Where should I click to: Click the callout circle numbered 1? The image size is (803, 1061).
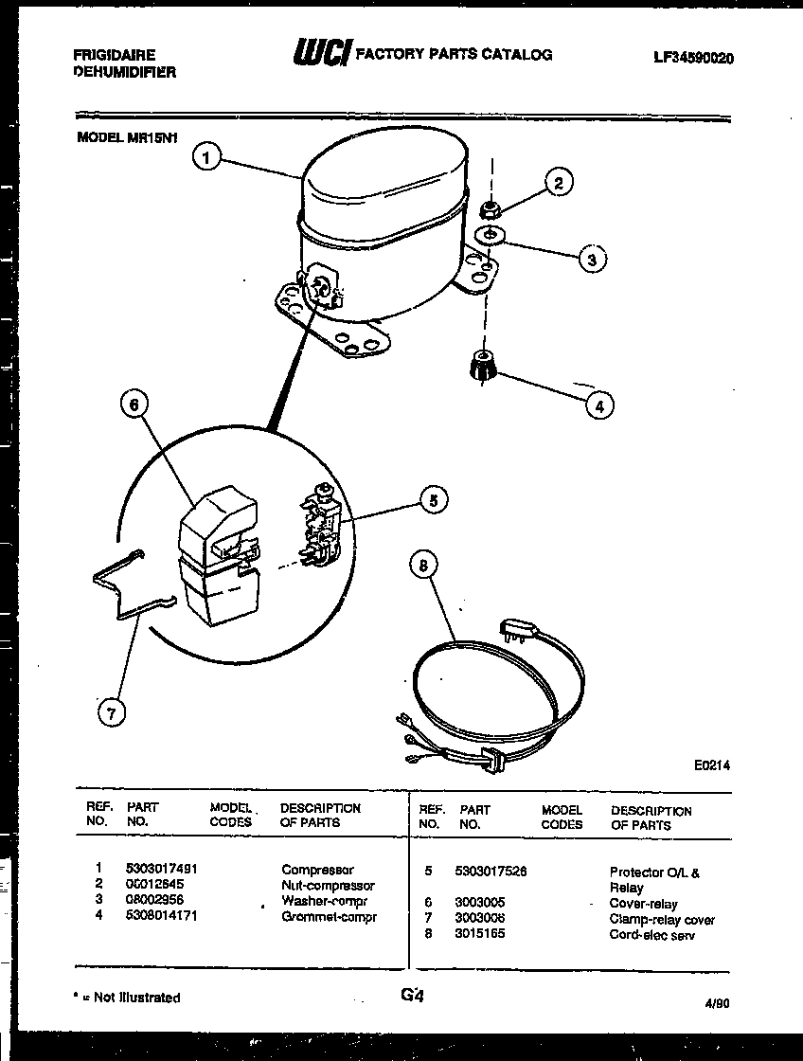207,156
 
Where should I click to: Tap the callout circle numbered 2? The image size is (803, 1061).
559,184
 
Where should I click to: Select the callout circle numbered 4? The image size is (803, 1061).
598,405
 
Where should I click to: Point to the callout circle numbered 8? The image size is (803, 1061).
424,566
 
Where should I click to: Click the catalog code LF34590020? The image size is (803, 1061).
693,58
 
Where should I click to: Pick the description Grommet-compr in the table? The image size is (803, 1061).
329,917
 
